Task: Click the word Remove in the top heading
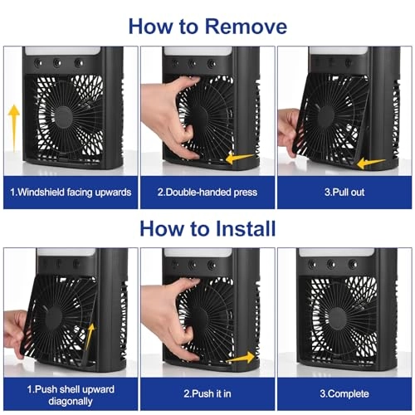(246, 27)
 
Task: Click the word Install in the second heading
(246, 229)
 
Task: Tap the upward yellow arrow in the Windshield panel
(13, 128)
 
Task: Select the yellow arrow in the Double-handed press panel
(240, 158)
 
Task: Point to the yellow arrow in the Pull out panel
(371, 164)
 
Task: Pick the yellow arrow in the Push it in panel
(241, 358)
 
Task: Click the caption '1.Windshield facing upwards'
(71, 192)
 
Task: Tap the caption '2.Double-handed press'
(207, 192)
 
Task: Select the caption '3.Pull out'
(344, 192)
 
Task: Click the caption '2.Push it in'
(207, 393)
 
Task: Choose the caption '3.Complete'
(344, 393)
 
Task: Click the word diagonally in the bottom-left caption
(71, 401)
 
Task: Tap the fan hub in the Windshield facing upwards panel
(63, 117)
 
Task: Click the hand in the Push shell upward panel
(15, 334)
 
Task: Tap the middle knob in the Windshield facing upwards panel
(57, 63)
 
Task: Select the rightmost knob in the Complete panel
(353, 264)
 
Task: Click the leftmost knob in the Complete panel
(313, 264)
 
